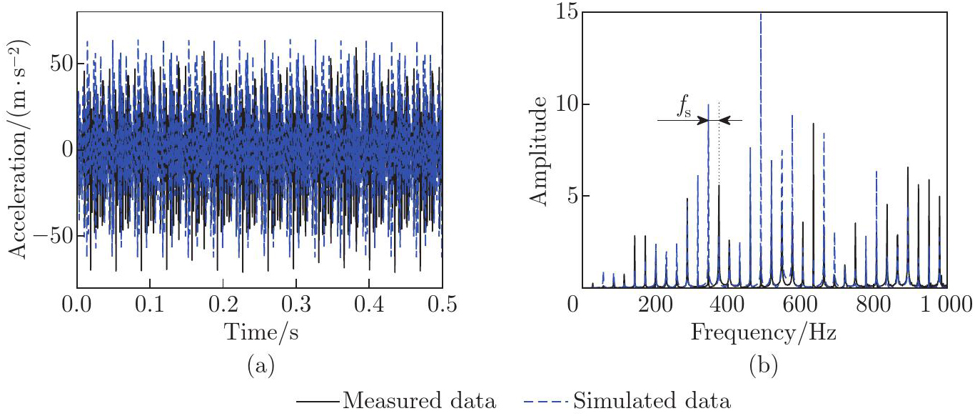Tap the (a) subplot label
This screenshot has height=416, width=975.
(260, 367)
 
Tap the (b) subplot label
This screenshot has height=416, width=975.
(762, 367)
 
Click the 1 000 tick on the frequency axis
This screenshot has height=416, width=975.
(942, 306)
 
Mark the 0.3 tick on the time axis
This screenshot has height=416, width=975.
(295, 305)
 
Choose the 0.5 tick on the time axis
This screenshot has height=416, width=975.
(442, 305)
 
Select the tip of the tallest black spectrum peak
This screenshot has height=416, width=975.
(813, 124)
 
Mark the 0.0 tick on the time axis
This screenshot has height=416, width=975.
(76, 305)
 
